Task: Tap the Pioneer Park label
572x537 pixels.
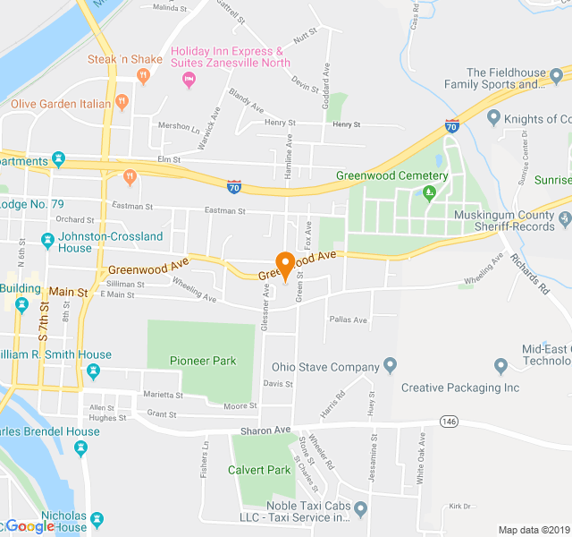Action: click(x=203, y=361)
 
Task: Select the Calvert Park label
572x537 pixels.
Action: click(x=259, y=470)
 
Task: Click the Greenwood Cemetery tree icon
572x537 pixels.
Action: click(x=429, y=191)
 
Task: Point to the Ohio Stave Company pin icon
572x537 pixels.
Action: click(x=390, y=365)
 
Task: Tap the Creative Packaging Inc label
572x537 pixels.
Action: click(x=459, y=388)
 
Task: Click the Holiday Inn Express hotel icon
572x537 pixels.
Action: click(x=189, y=81)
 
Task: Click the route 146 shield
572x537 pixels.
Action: click(x=448, y=421)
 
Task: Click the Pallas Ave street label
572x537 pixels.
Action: click(x=348, y=320)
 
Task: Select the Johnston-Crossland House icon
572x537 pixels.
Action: click(x=47, y=242)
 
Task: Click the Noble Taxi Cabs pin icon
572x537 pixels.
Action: click(x=361, y=510)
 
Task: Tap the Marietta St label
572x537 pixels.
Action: click(x=162, y=395)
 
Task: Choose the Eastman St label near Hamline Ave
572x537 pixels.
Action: click(x=224, y=211)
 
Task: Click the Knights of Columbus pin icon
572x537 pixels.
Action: click(x=492, y=118)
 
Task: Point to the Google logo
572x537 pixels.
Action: click(x=29, y=527)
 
